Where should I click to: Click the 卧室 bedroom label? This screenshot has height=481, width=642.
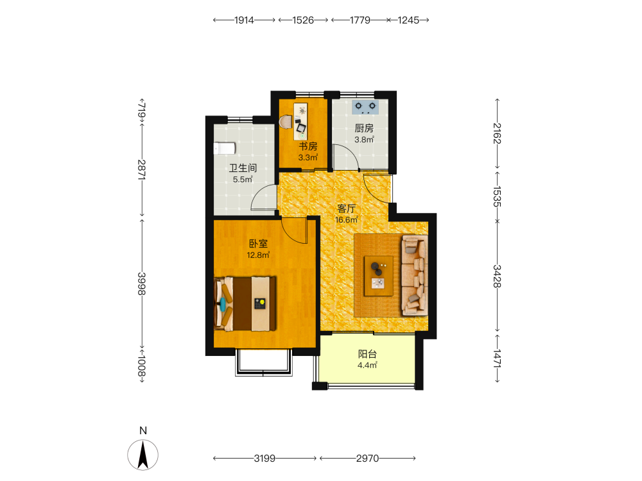[258, 244]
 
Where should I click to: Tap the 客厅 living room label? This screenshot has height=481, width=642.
[347, 208]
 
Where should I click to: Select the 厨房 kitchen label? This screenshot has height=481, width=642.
[364, 128]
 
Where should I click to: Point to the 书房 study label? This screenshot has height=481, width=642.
[308, 146]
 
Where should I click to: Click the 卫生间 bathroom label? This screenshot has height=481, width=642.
[243, 168]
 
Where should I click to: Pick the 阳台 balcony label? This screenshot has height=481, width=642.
[367, 354]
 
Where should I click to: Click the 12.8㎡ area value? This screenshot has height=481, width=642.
[258, 255]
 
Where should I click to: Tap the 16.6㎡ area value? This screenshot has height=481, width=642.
[347, 220]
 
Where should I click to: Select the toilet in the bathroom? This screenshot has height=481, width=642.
[224, 148]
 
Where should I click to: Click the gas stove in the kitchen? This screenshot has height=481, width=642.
[365, 106]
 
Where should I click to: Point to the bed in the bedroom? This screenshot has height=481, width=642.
[245, 304]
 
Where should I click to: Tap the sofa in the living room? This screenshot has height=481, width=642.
[415, 275]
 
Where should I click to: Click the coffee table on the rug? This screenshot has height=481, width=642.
[379, 276]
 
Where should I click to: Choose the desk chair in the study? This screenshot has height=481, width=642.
[286, 121]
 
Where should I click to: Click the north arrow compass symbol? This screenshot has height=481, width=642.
[143, 455]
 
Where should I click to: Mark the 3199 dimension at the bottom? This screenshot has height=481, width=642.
[265, 459]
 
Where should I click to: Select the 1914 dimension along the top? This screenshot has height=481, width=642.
[244, 20]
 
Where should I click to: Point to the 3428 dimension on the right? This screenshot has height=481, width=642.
[497, 276]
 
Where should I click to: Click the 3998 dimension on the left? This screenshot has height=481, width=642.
[142, 283]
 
